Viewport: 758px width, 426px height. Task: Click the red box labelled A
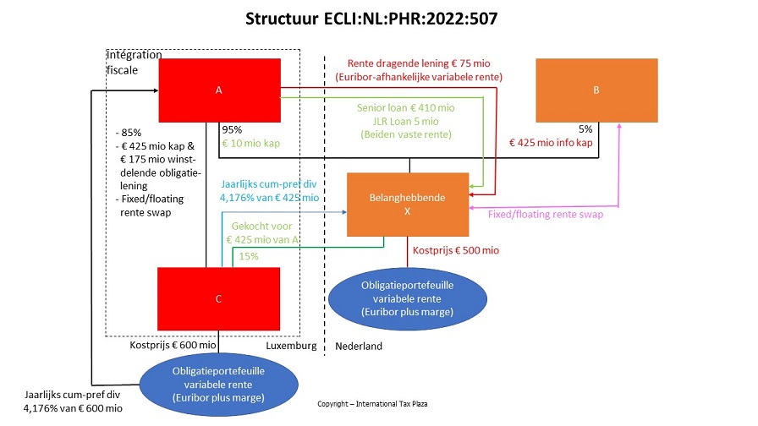point(220,90)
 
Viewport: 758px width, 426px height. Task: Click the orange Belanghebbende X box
point(407,204)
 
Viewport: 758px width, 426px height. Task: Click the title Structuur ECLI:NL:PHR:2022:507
point(378,18)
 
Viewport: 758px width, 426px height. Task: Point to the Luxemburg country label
point(291,346)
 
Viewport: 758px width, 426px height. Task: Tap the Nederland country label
point(359,347)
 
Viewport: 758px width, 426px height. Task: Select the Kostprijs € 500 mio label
point(455,250)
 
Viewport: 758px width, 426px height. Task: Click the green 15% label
point(249,256)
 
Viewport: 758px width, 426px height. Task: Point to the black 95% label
point(232,130)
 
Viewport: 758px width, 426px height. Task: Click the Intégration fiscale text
point(135,63)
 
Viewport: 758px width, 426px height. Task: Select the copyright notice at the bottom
point(372,404)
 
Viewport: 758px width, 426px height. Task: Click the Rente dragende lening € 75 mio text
point(419,63)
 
